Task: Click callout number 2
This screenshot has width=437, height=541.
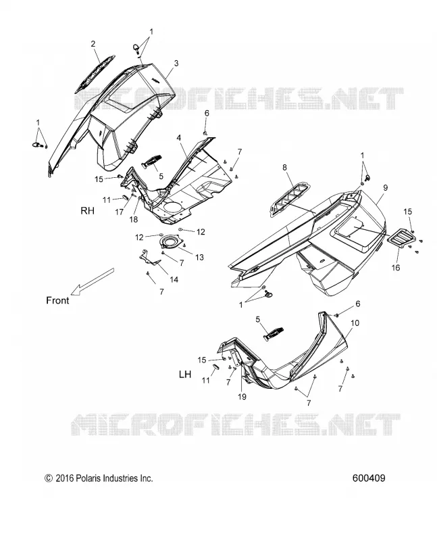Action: [93, 44]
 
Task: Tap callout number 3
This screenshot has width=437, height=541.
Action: [176, 63]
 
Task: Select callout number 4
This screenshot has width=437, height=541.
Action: [179, 138]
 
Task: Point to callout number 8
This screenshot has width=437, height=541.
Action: [284, 167]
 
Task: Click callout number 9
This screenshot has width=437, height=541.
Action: [385, 188]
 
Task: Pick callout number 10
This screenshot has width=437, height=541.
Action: [355, 323]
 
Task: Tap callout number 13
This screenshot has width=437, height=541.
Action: [199, 258]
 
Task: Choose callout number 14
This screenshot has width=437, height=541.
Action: [174, 279]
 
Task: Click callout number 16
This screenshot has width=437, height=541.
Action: [396, 267]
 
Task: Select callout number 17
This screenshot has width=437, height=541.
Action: [120, 212]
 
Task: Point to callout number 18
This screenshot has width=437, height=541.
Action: [133, 219]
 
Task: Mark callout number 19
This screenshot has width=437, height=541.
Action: [242, 397]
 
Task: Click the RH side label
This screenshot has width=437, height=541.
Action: [87, 210]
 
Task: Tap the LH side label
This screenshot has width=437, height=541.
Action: [185, 374]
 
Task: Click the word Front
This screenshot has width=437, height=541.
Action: [57, 300]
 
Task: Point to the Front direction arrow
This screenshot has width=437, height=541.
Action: [92, 281]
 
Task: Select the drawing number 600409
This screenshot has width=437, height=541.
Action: [369, 478]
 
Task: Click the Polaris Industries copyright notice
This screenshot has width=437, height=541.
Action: [99, 478]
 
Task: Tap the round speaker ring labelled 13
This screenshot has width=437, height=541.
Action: [171, 241]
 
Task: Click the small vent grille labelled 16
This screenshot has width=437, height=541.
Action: [401, 238]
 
